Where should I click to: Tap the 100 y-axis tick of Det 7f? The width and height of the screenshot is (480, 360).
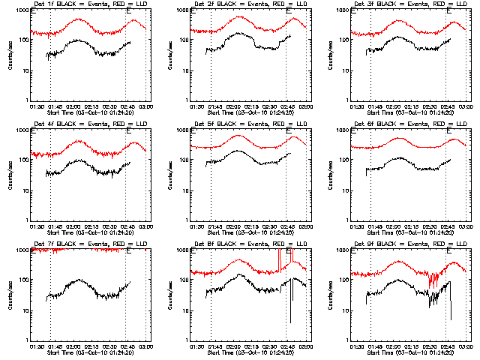point(22,280)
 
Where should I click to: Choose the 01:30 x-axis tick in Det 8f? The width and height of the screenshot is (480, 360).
point(198,346)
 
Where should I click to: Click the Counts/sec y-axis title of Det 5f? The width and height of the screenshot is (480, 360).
point(169,175)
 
